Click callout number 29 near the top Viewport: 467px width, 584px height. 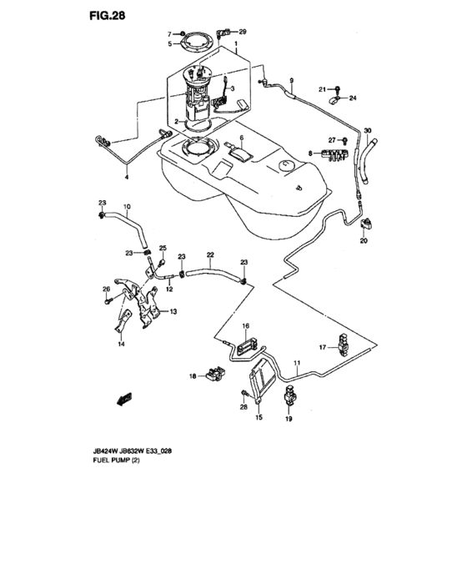[x=243, y=32]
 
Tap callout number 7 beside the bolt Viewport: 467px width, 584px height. [x=168, y=33]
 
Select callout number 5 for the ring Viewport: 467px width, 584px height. [x=168, y=43]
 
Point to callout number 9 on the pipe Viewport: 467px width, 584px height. [x=292, y=80]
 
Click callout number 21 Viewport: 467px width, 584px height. [x=320, y=88]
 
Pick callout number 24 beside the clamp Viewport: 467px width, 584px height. [x=353, y=98]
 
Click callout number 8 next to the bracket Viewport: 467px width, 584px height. [x=309, y=154]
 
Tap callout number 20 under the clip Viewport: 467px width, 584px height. [x=364, y=241]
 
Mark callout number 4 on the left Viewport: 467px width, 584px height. [x=127, y=177]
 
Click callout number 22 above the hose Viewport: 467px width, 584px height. [x=211, y=255]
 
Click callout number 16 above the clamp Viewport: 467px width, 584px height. [x=246, y=325]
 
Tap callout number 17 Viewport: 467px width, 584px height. [x=321, y=346]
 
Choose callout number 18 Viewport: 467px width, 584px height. [x=192, y=377]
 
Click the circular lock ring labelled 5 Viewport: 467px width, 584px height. [x=198, y=39]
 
